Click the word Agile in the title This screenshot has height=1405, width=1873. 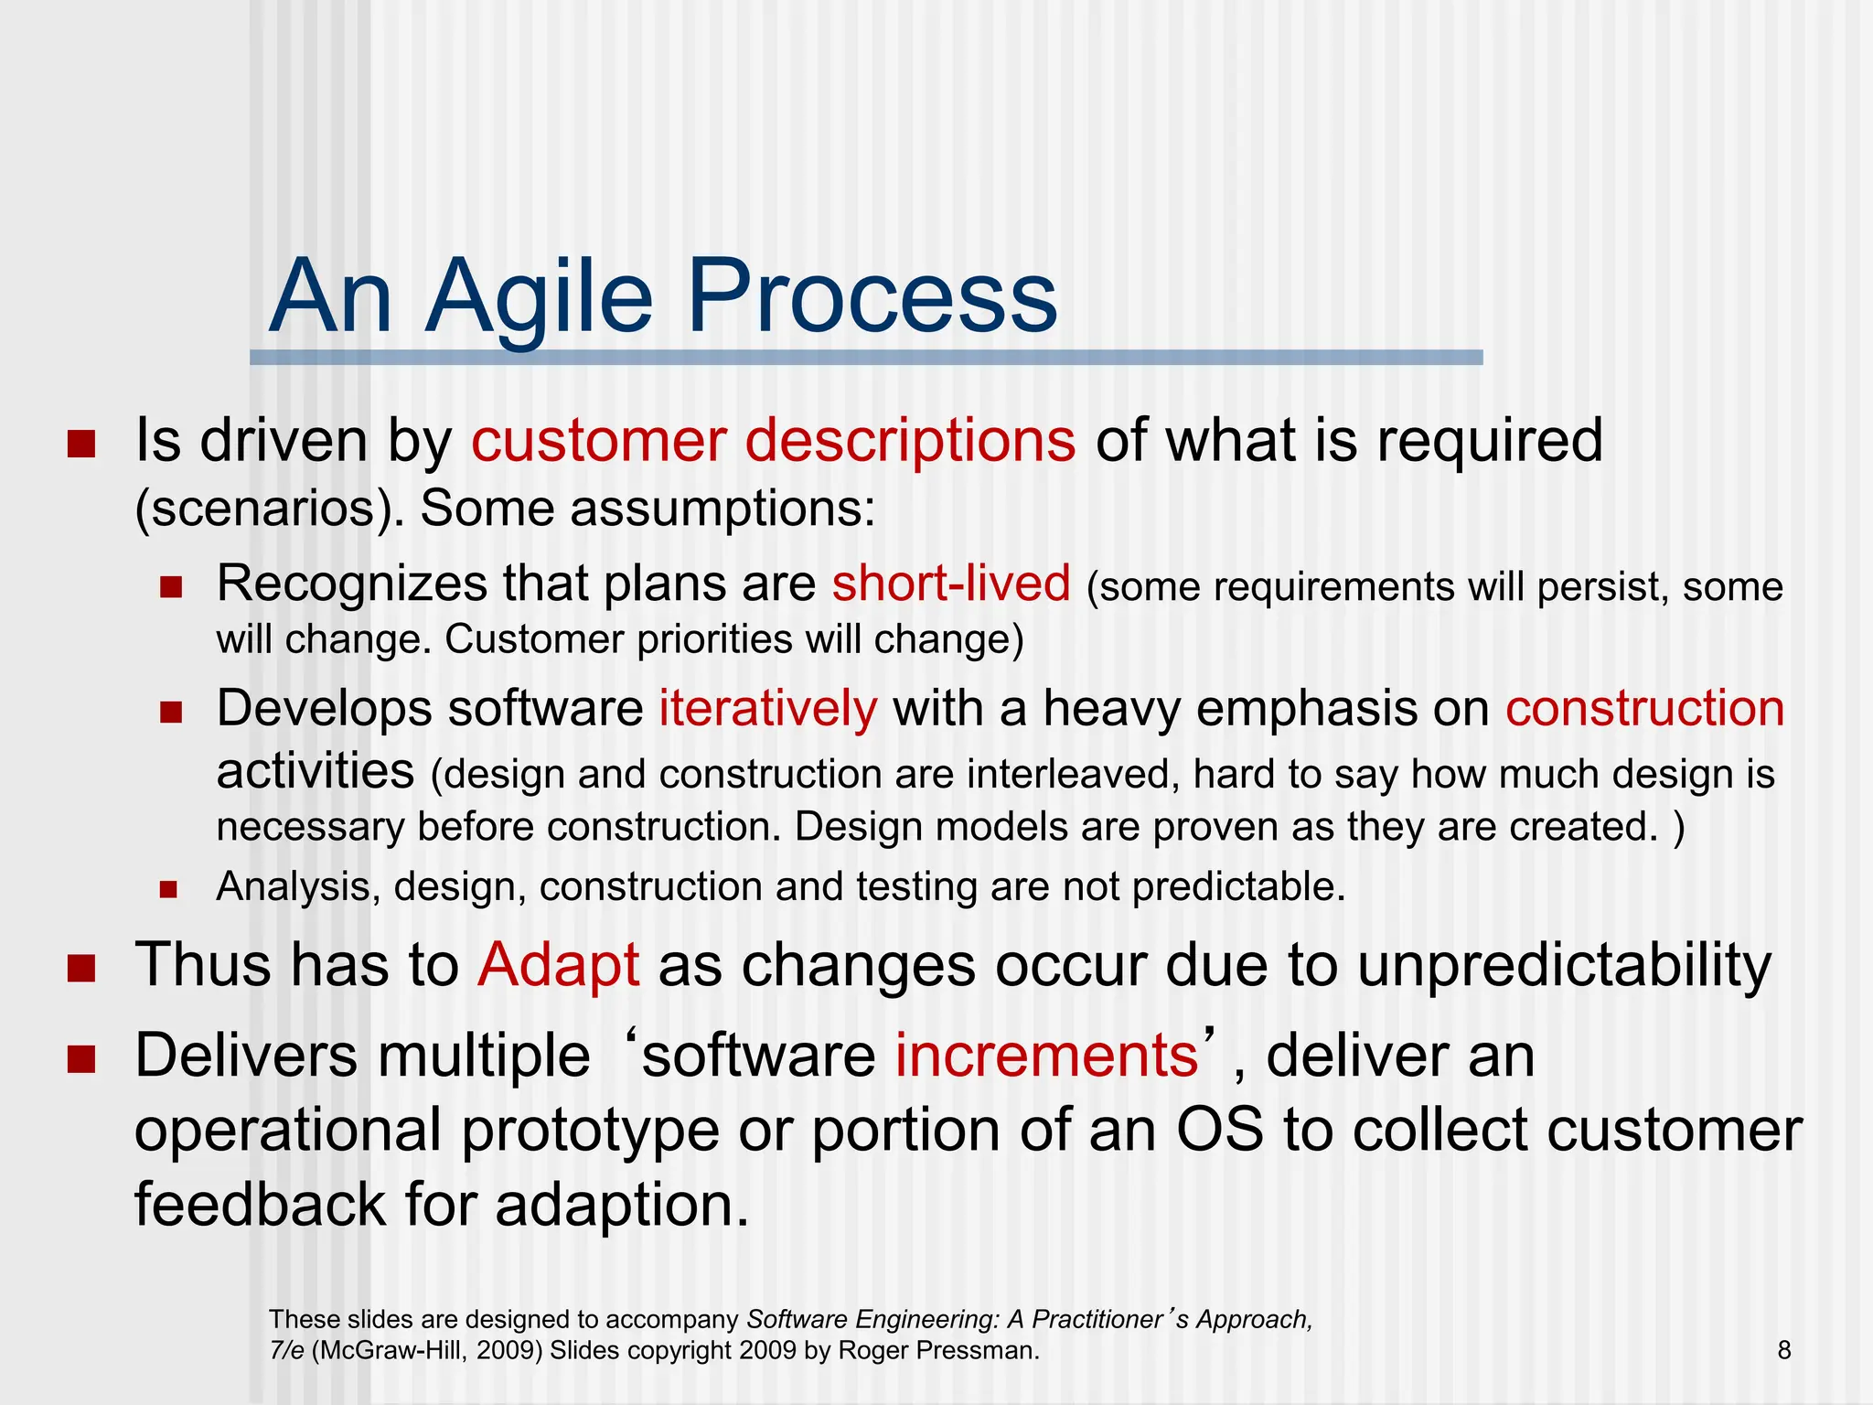tap(540, 297)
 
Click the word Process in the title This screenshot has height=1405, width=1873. tap(872, 297)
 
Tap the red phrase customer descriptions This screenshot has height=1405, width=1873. tap(773, 441)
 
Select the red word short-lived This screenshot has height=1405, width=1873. tap(950, 584)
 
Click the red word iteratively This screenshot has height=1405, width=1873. tap(767, 709)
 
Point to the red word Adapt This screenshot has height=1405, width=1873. tap(558, 965)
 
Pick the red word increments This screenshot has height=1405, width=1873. tap(1046, 1056)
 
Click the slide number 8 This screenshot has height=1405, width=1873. tap(1783, 1350)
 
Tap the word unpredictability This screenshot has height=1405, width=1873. tap(1564, 965)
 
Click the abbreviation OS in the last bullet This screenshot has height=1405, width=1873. tap(1219, 1131)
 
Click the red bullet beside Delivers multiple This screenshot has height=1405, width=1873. tap(81, 1059)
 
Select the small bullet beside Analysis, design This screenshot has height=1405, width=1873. tap(168, 888)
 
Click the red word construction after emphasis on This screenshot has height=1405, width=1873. tap(1644, 709)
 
